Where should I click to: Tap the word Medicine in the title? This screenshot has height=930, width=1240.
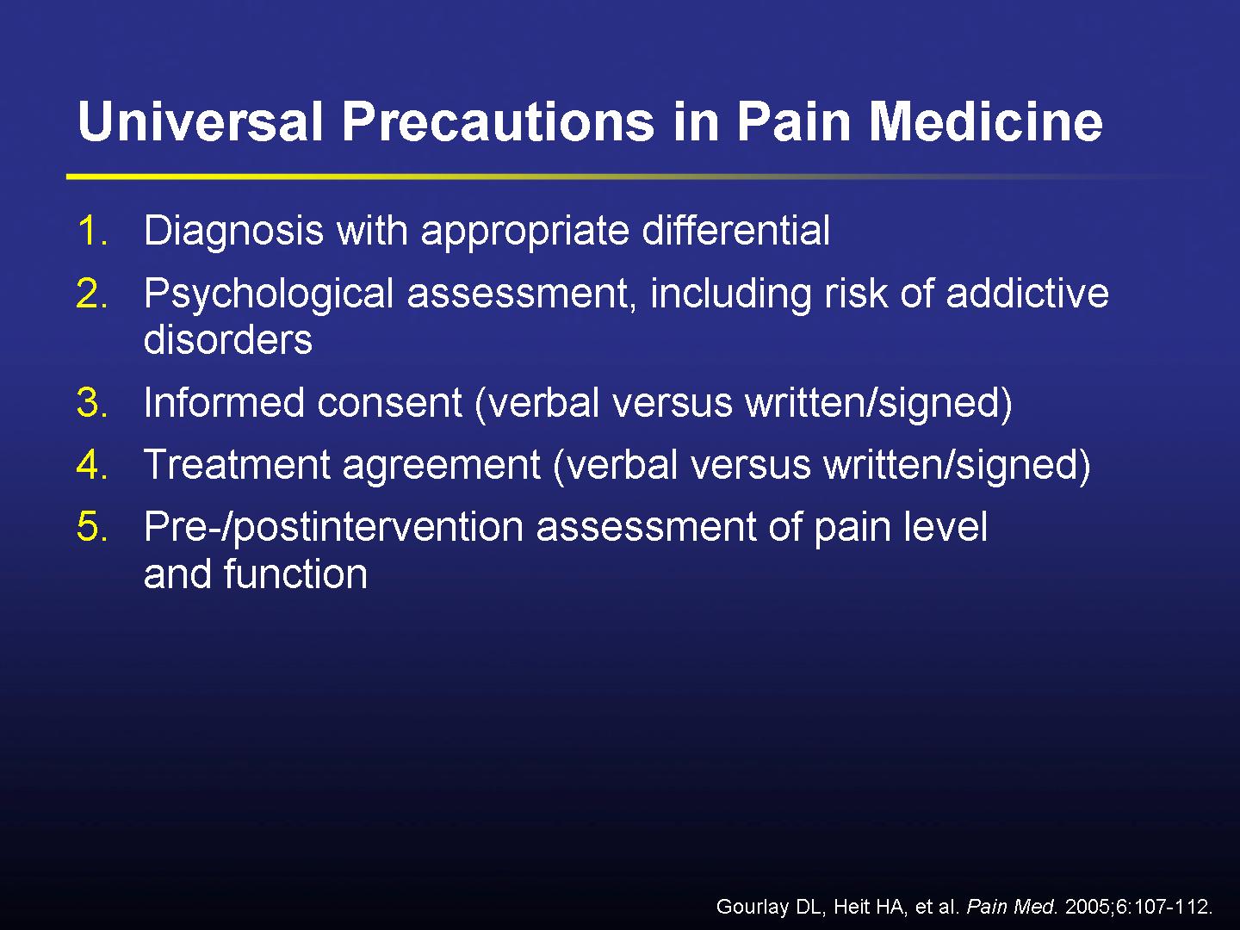[985, 121]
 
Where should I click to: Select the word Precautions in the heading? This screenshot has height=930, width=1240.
[499, 121]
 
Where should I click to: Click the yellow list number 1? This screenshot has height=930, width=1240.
[91, 231]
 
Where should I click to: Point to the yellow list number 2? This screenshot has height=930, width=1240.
[91, 294]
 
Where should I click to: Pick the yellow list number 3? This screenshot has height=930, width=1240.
[91, 402]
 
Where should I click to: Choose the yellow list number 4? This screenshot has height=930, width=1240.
[91, 465]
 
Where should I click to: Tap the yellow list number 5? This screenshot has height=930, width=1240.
[91, 527]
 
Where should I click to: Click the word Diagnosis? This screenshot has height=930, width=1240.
[233, 231]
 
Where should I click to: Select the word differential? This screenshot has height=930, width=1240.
[736, 231]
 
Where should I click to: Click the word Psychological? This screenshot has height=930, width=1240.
[269, 294]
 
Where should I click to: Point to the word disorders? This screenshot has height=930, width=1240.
[227, 340]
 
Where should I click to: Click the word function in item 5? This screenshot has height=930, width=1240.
[295, 573]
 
